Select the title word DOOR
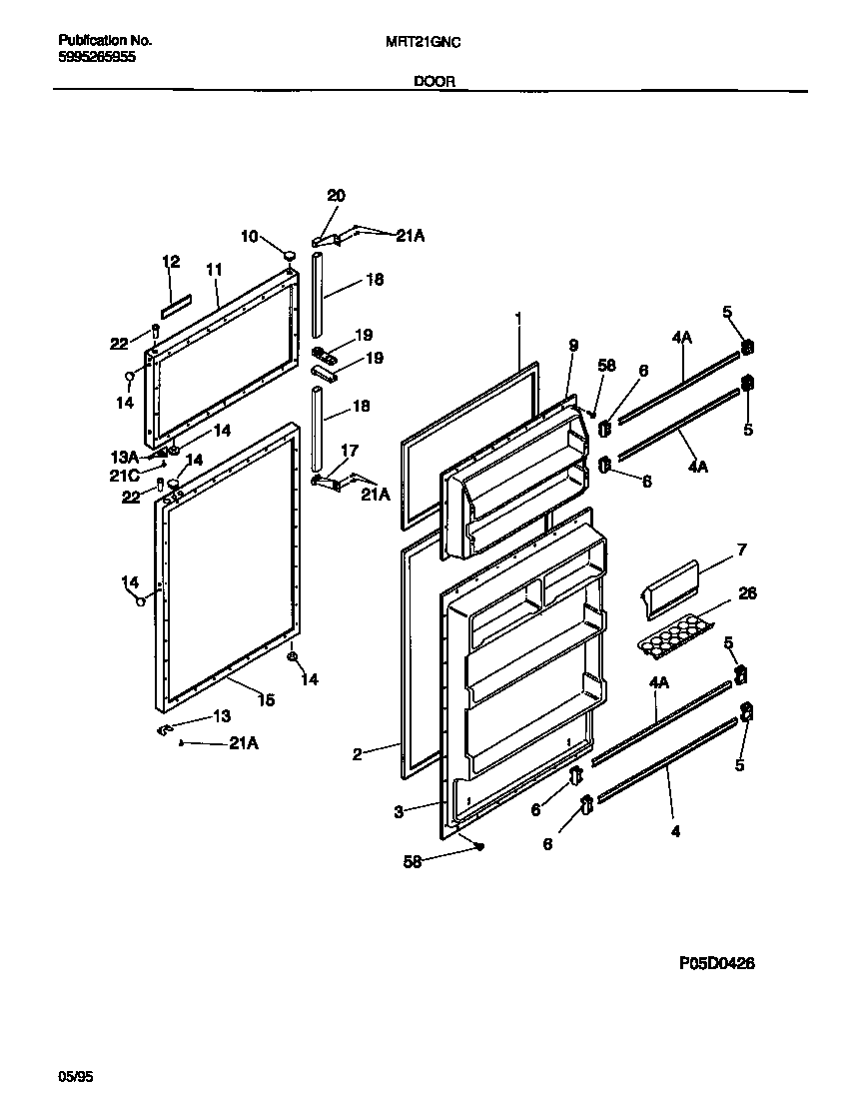click(x=434, y=83)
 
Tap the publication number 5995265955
click(x=97, y=58)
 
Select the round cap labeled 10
click(x=289, y=257)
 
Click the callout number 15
click(x=266, y=700)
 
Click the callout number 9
click(x=573, y=346)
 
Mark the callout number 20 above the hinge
click(x=336, y=196)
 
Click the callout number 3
click(x=399, y=812)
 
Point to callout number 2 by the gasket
click(x=358, y=754)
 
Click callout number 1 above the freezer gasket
click(x=519, y=318)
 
